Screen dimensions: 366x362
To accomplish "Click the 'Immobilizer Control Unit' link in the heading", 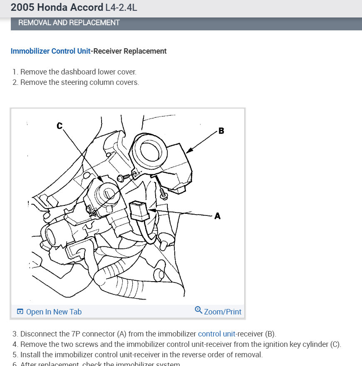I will click(x=50, y=51).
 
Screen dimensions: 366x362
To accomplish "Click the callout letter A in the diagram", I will click(x=217, y=216).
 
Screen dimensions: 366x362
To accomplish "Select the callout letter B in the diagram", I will click(x=221, y=131).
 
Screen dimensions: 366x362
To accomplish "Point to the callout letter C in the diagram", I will click(x=60, y=126).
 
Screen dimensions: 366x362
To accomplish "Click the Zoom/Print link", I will click(x=223, y=312).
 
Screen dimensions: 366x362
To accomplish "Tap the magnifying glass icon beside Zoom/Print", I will click(x=198, y=310).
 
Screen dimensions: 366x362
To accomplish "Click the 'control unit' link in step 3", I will click(x=216, y=334).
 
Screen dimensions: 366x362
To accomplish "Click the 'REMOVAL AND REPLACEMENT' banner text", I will click(x=69, y=22).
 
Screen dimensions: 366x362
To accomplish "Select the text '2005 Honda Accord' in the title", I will click(x=57, y=7).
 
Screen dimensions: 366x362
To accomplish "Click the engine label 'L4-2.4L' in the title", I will click(x=121, y=7).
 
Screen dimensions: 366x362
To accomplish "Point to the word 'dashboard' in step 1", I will click(x=78, y=72).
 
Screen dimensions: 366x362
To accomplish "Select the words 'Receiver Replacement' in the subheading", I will click(x=130, y=51).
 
